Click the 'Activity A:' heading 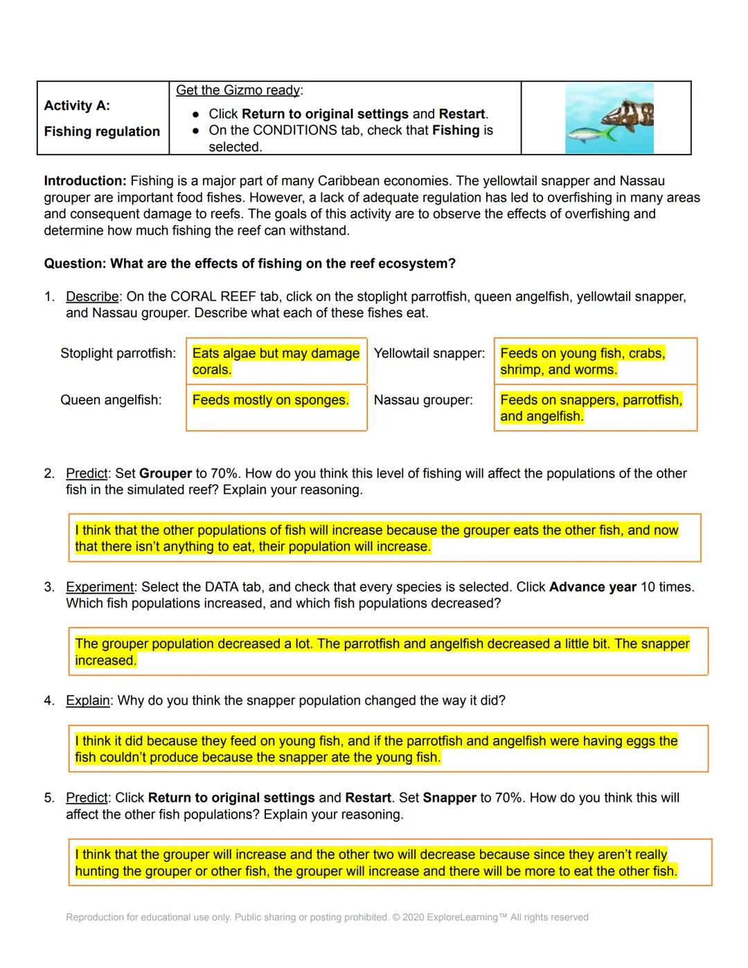tap(77, 105)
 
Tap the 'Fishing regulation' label tap(102, 132)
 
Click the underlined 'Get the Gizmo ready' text tap(238, 90)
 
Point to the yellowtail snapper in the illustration tap(589, 134)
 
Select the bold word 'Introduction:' tap(85, 181)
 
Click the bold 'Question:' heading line tap(249, 263)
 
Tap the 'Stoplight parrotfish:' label tap(118, 353)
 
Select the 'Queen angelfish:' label tap(111, 400)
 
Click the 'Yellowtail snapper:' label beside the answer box tap(429, 353)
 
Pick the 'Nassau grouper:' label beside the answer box tap(423, 400)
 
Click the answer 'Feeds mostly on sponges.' tap(270, 400)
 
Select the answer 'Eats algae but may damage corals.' tap(275, 361)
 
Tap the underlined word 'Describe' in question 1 tap(92, 297)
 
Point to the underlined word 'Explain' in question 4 tap(87, 701)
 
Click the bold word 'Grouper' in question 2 tap(165, 473)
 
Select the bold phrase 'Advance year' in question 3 tap(592, 587)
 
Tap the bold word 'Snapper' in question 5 tap(449, 798)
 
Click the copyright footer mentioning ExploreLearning tap(327, 917)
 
